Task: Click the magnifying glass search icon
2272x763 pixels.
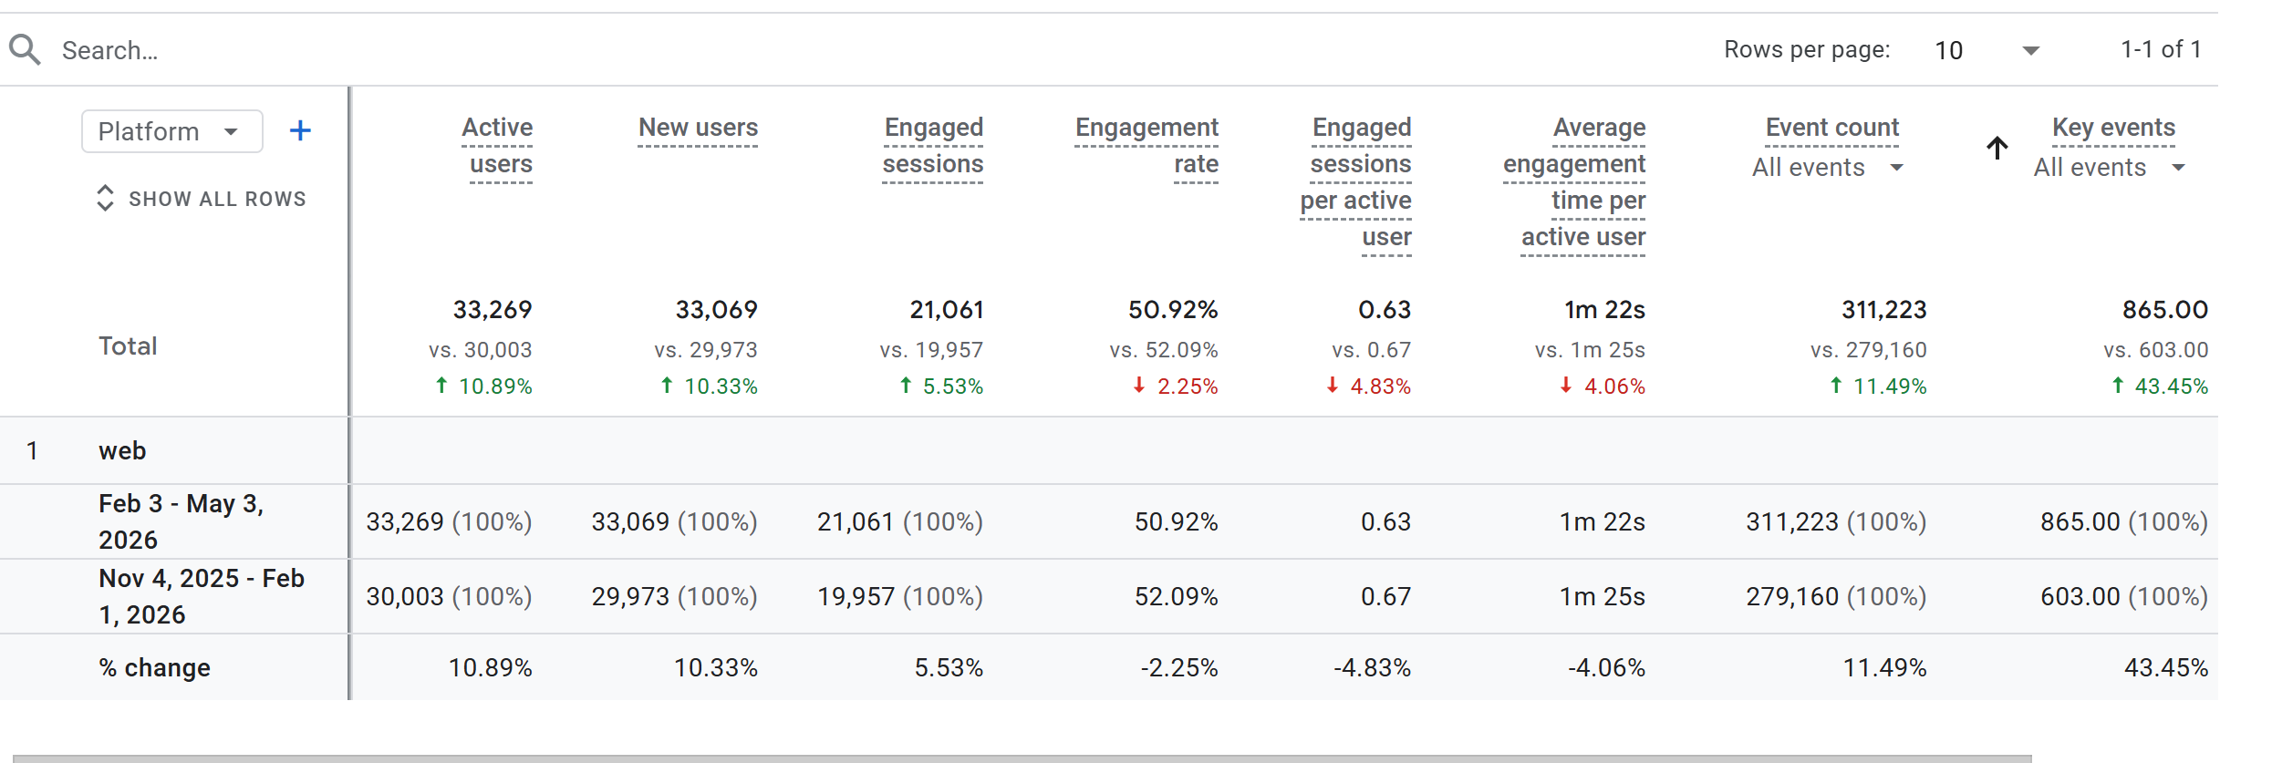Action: pyautogui.click(x=25, y=49)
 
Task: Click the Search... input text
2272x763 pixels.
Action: pyautogui.click(x=109, y=50)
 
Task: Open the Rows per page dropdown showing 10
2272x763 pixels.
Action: pyautogui.click(x=1987, y=50)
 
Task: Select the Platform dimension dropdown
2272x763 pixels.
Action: pyautogui.click(x=172, y=131)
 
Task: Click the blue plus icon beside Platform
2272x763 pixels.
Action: pyautogui.click(x=300, y=131)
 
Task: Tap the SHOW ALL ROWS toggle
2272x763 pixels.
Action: pyautogui.click(x=202, y=199)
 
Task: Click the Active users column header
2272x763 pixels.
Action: pyautogui.click(x=498, y=146)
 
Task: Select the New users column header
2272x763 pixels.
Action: pyautogui.click(x=698, y=128)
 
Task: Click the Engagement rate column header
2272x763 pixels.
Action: pyautogui.click(x=1146, y=146)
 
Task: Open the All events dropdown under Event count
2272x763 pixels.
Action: pyautogui.click(x=1828, y=168)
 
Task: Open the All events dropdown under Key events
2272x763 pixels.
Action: pyautogui.click(x=2110, y=168)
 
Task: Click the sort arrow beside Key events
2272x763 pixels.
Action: pyautogui.click(x=1997, y=148)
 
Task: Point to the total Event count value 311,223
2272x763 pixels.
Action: pyautogui.click(x=1883, y=310)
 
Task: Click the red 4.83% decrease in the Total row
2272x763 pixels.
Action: pyautogui.click(x=1368, y=387)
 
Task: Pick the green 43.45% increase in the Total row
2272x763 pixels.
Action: pyautogui.click(x=2160, y=387)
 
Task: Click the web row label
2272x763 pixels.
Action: pyautogui.click(x=122, y=450)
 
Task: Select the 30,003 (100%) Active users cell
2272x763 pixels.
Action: pyautogui.click(x=449, y=596)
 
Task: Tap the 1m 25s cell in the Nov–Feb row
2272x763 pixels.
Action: pyautogui.click(x=1602, y=596)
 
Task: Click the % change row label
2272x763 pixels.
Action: pyautogui.click(x=154, y=667)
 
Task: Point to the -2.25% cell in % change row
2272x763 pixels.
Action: pyautogui.click(x=1178, y=667)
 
